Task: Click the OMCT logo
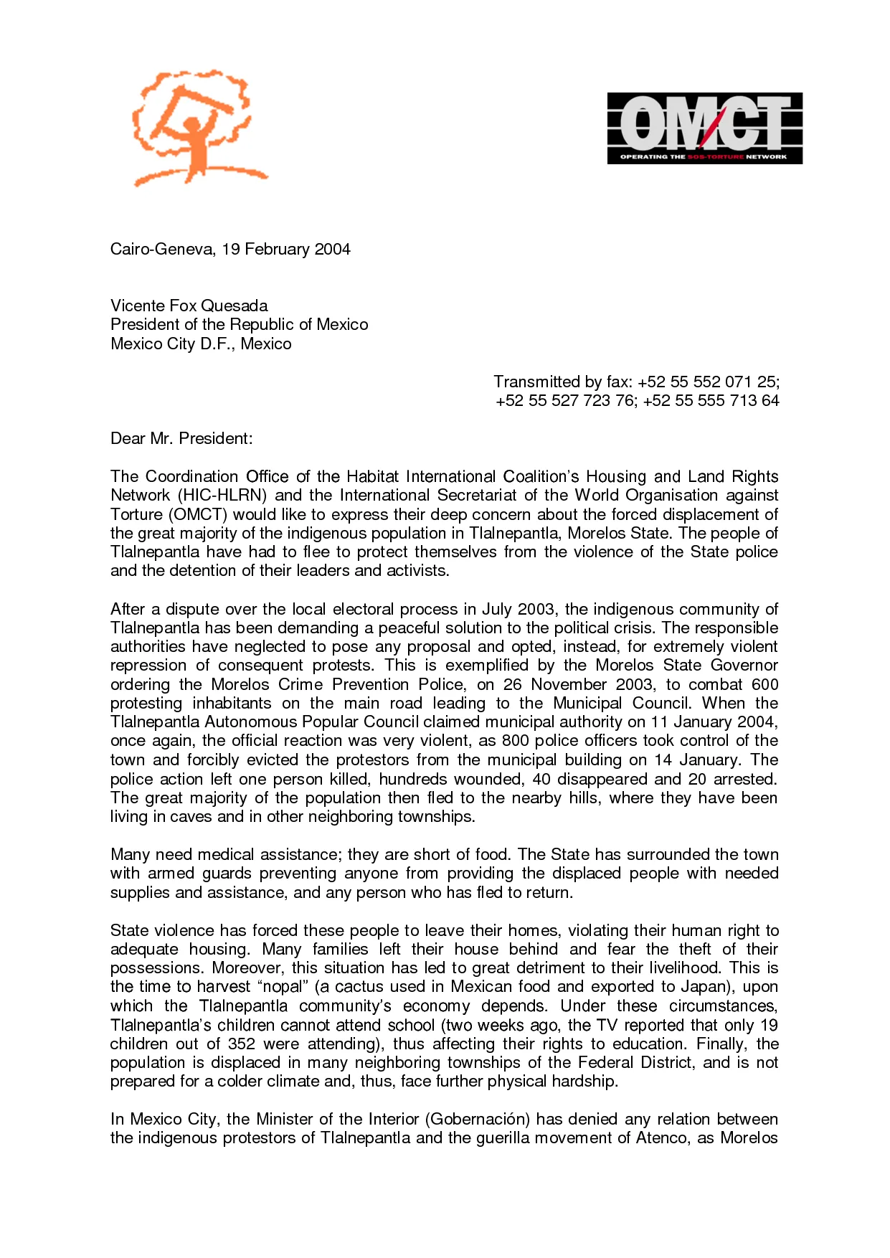(x=704, y=128)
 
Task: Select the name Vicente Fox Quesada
(x=189, y=306)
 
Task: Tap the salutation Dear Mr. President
(x=181, y=438)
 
